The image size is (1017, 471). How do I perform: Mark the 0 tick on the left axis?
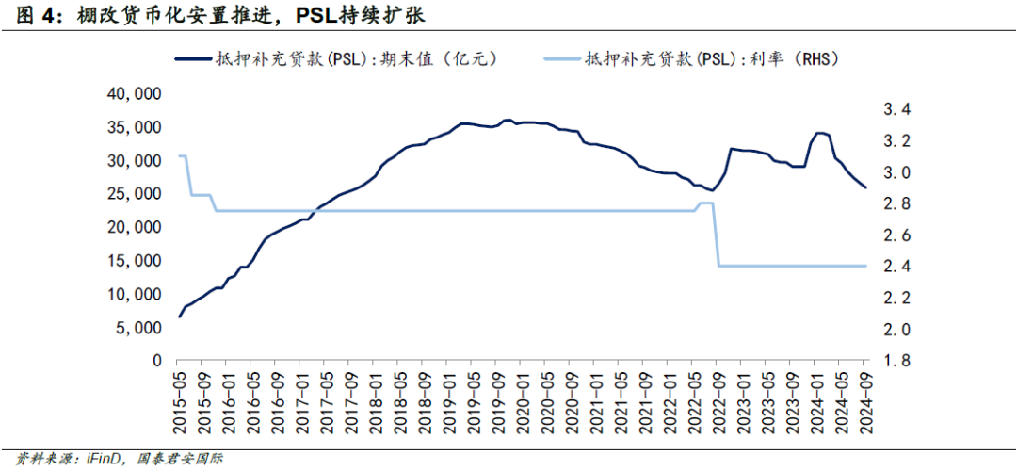point(157,361)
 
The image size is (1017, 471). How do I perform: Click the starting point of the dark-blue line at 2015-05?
point(179,317)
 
